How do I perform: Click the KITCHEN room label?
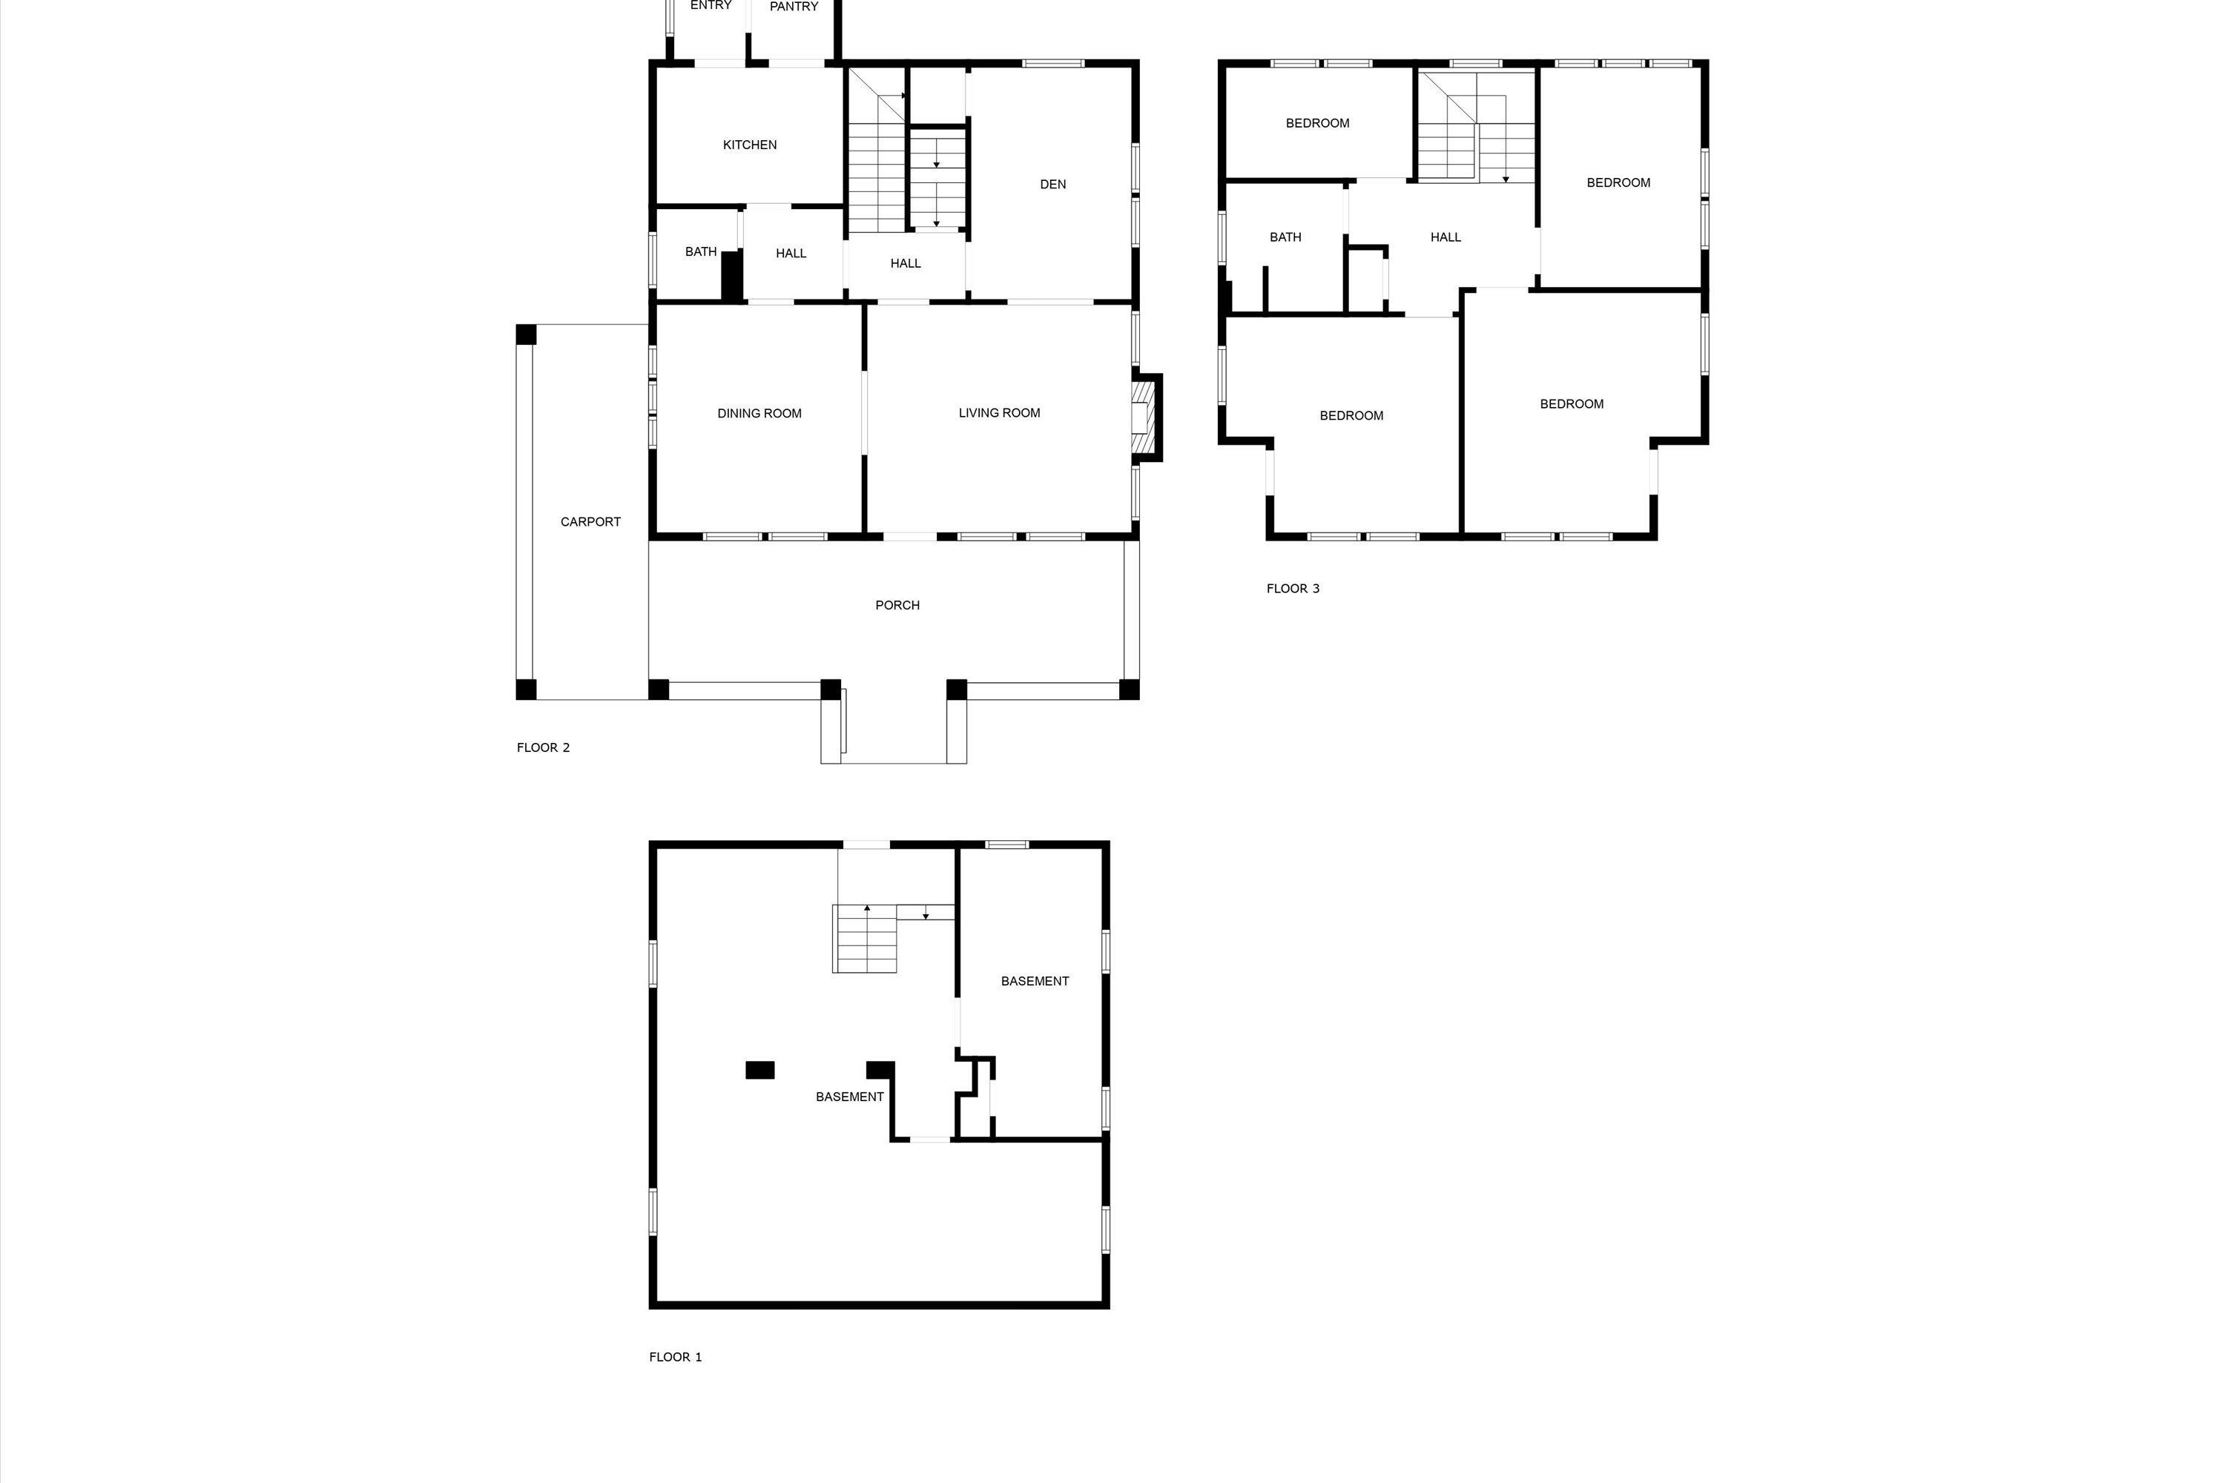coord(749,145)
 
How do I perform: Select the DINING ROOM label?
coord(759,413)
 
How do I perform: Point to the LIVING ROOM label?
coord(999,412)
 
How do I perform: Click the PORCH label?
coord(897,605)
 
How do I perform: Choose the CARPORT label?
coord(590,522)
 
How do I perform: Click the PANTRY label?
coord(794,7)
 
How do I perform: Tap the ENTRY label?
coord(711,6)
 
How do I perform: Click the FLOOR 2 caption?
coord(543,747)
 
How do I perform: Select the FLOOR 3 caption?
coord(1292,588)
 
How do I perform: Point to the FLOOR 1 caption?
coord(676,1356)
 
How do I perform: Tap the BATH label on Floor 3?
coord(1285,237)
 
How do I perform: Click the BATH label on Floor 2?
coord(700,251)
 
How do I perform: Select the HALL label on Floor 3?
coord(1446,237)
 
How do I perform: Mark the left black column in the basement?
coord(759,1070)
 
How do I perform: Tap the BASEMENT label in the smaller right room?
coord(1035,981)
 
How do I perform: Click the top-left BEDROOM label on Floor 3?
coord(1317,123)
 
